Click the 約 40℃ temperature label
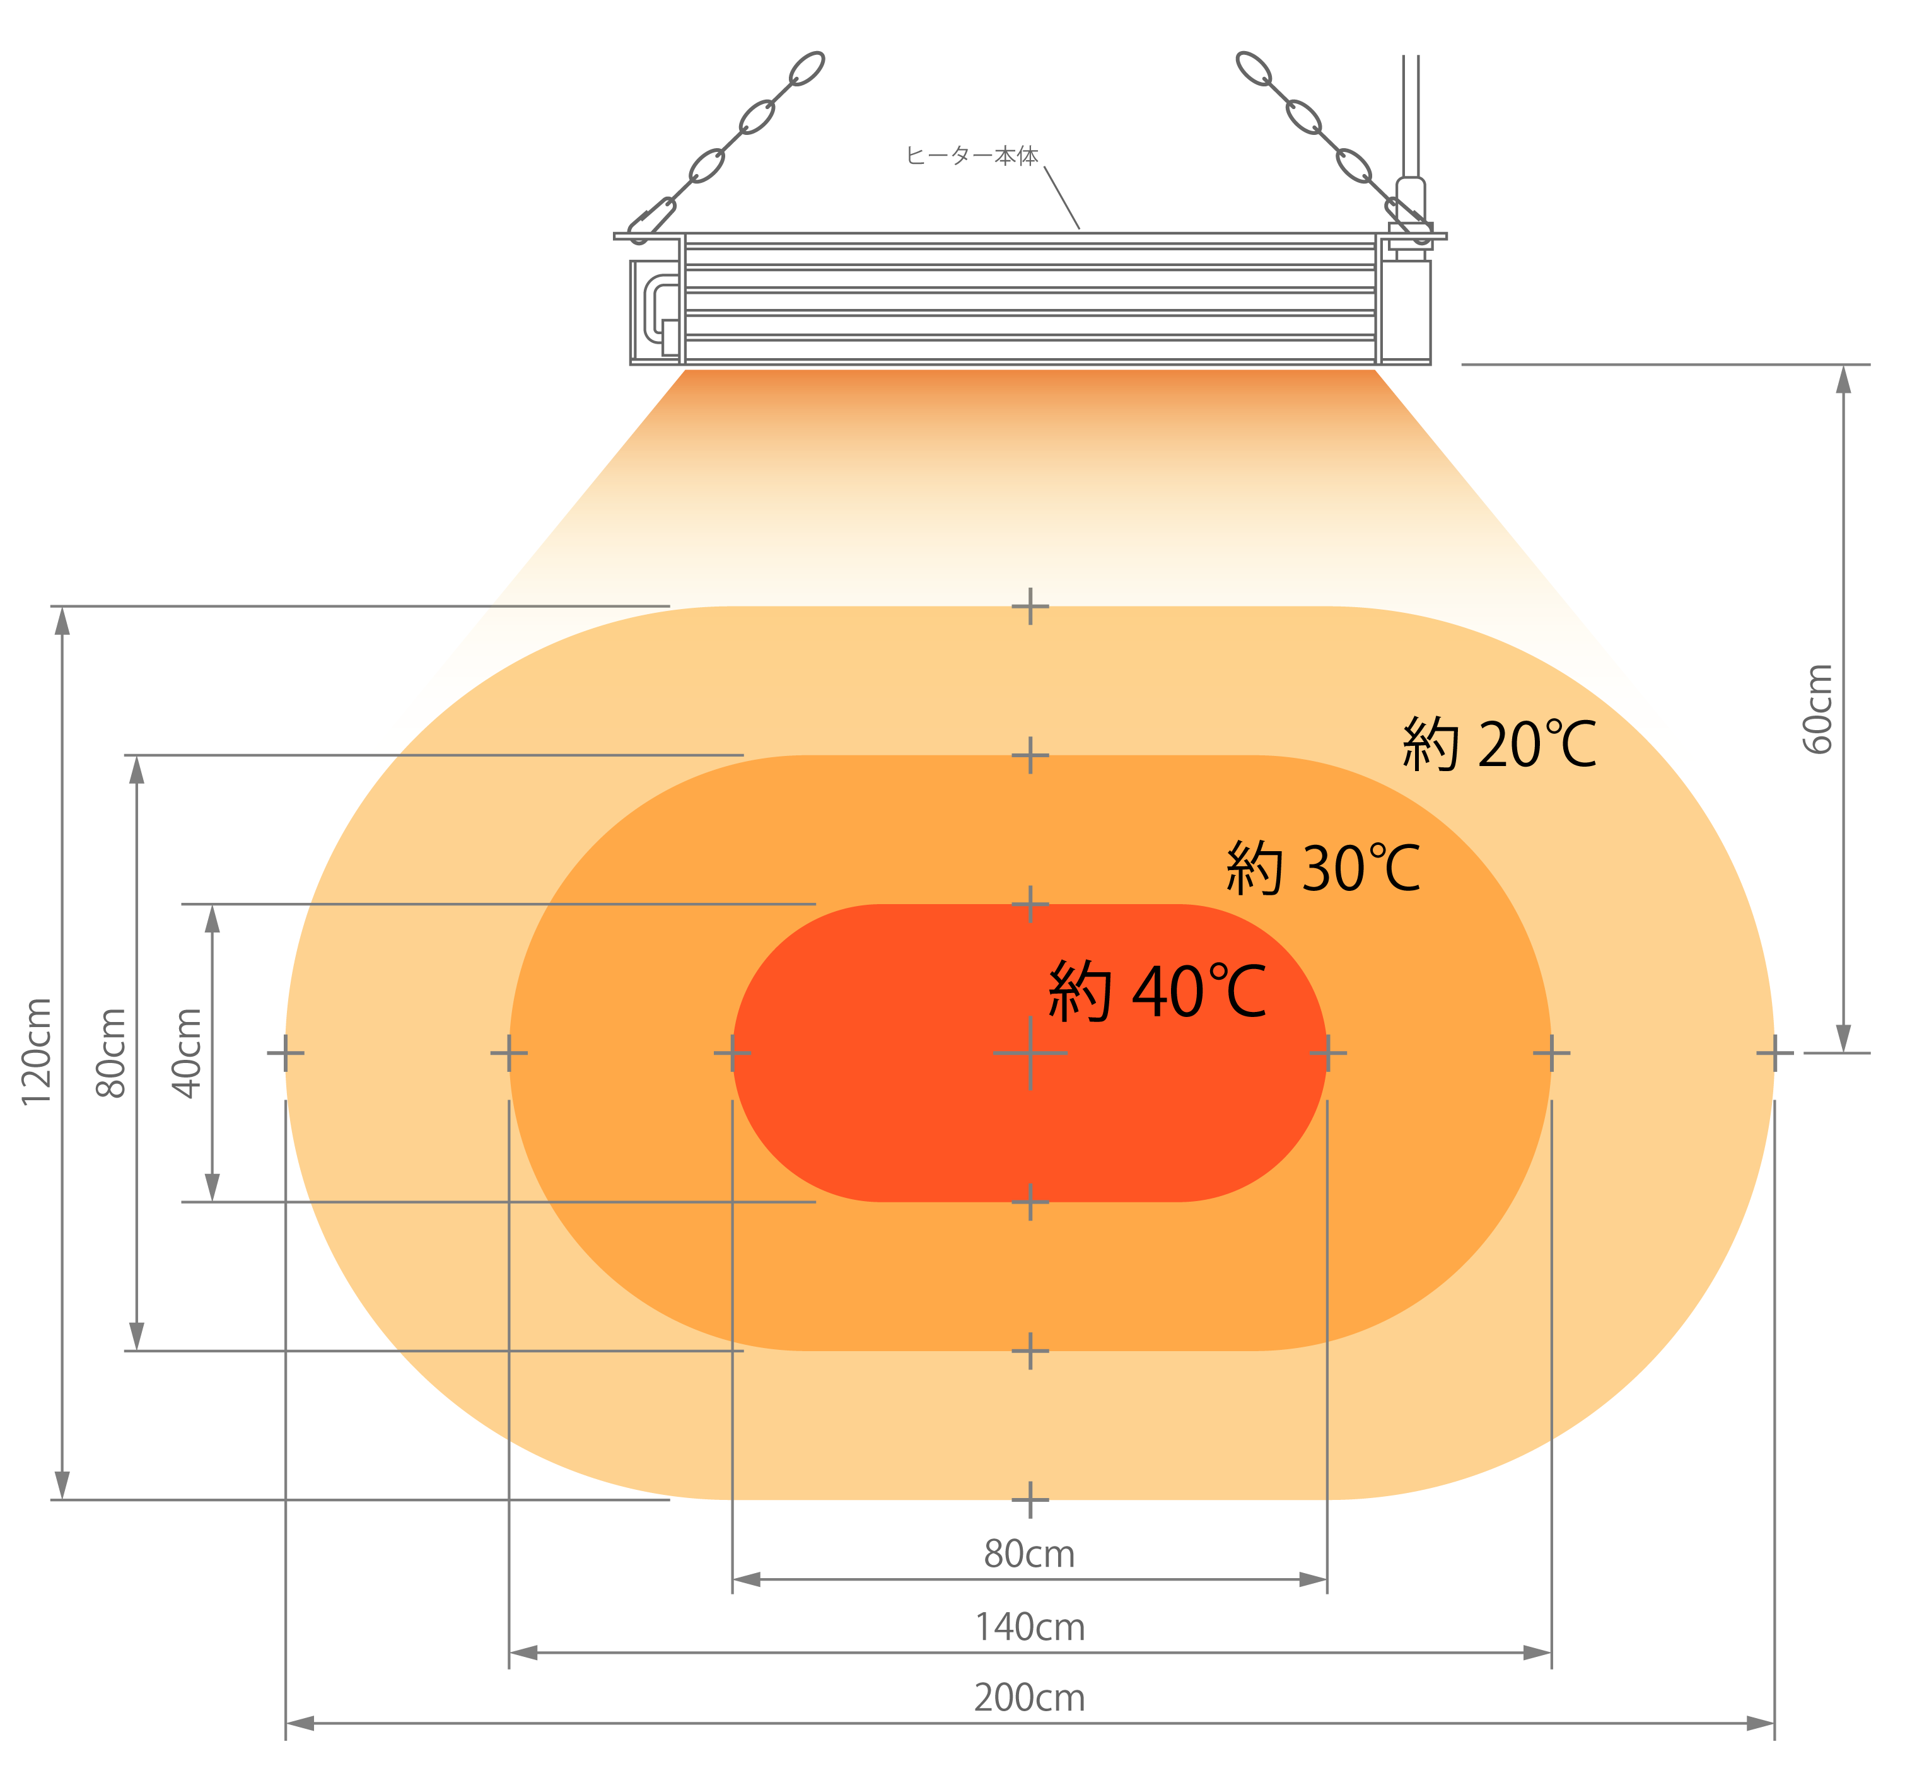[1157, 991]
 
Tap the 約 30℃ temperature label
[1324, 868]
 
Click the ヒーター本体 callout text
[972, 156]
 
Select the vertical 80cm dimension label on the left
[111, 1052]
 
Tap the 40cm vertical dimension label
[187, 1052]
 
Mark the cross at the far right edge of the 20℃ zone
[1774, 1052]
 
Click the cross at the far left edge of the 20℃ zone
[286, 1052]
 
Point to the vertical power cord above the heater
[1411, 115]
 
